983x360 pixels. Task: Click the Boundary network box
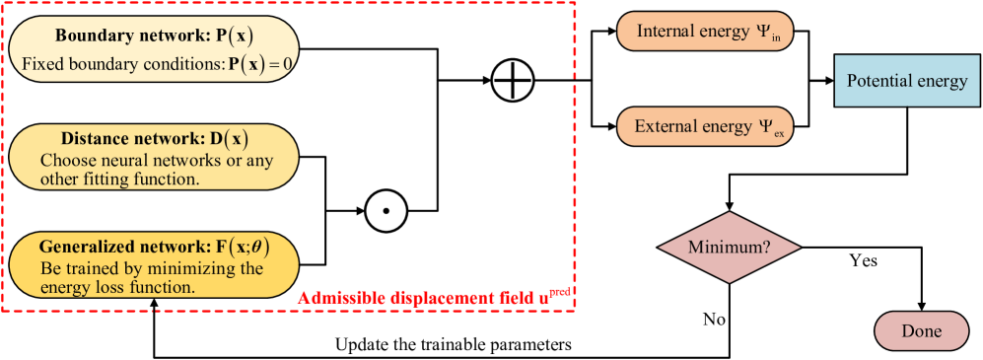click(x=153, y=49)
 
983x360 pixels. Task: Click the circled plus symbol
click(x=513, y=82)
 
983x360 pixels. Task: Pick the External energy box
click(x=705, y=126)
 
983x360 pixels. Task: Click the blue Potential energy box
click(x=906, y=81)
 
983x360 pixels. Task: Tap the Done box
click(x=921, y=331)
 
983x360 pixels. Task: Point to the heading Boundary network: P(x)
click(x=154, y=36)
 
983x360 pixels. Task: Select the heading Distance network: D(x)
click(x=154, y=138)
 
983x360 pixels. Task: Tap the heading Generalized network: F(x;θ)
click(x=154, y=247)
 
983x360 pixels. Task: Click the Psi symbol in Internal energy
click(x=764, y=32)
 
